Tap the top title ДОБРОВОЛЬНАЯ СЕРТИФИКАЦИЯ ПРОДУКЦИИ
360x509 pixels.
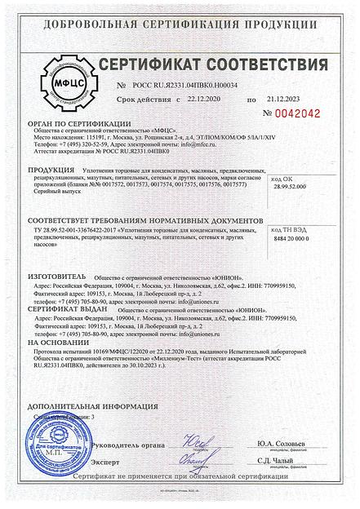tap(179, 11)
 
